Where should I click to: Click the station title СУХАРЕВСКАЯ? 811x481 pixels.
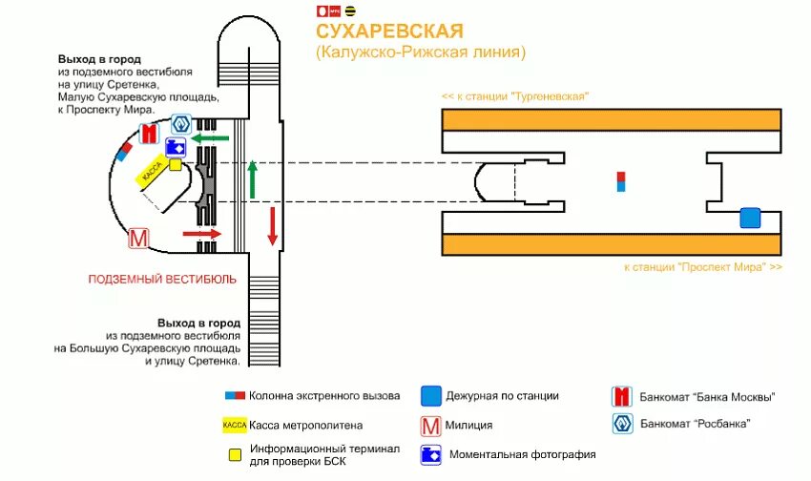point(389,32)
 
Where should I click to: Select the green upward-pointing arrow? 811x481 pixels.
point(253,178)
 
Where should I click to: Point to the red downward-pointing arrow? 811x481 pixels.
point(272,225)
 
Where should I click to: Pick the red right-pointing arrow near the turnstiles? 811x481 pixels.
point(201,233)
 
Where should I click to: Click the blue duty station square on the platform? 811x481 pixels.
point(750,219)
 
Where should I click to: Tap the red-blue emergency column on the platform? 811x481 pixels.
point(621,181)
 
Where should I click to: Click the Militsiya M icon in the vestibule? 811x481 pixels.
point(138,238)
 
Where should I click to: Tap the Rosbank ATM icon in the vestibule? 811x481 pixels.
point(181,124)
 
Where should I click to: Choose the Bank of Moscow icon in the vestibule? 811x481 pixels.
point(148,134)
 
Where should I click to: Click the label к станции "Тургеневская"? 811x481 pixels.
point(515,97)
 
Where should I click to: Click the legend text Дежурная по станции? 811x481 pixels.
point(504,396)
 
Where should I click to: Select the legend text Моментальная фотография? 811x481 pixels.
point(522,455)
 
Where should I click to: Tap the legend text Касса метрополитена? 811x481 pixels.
point(306,425)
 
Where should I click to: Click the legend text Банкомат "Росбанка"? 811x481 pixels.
point(696,423)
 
